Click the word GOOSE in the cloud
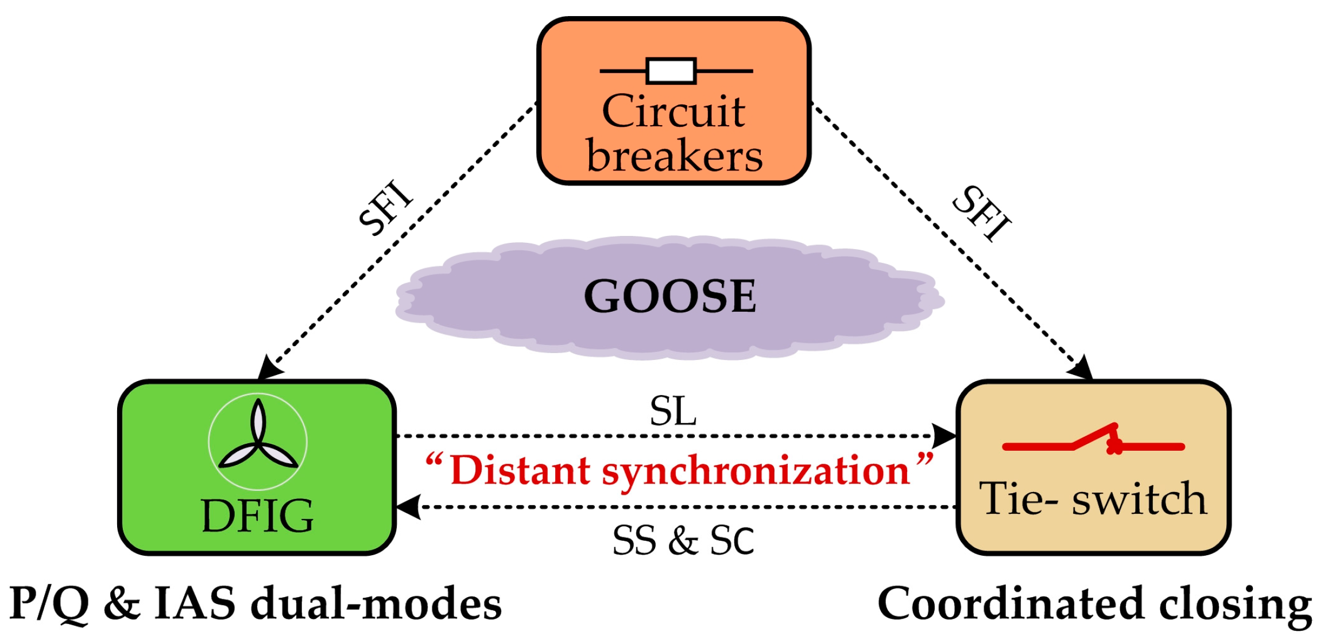tap(670, 296)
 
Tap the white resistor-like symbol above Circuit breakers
tap(671, 71)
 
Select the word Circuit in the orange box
tap(673, 111)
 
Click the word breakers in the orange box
tap(674, 156)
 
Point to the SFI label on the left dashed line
tap(385, 208)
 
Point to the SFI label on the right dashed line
tap(982, 212)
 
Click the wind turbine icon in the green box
tap(258, 441)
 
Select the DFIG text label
tap(257, 516)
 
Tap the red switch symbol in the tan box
tap(1094, 442)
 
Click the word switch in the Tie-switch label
tap(1139, 499)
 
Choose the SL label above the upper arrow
tap(673, 411)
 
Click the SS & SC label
tap(683, 540)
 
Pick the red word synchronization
tap(756, 471)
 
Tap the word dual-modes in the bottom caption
tap(377, 604)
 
